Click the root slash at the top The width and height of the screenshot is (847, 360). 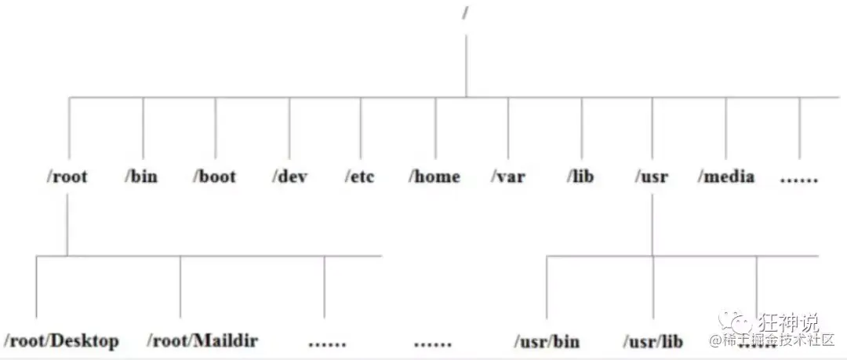click(465, 14)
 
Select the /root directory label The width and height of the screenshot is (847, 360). click(67, 176)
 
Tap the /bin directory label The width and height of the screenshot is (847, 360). click(141, 176)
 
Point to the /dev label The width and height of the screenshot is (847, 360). click(290, 176)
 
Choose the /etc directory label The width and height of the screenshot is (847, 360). click(360, 176)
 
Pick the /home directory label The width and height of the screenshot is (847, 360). click(434, 176)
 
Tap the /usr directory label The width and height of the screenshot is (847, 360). click(652, 176)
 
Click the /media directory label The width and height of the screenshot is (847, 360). click(726, 176)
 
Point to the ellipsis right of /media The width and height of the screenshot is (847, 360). click(799, 178)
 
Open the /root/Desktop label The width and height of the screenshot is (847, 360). click(62, 340)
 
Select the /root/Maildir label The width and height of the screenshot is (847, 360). click(202, 340)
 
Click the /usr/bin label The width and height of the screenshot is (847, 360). click(547, 341)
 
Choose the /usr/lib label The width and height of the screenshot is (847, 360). click(653, 341)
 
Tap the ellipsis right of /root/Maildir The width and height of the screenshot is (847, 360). click(328, 343)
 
